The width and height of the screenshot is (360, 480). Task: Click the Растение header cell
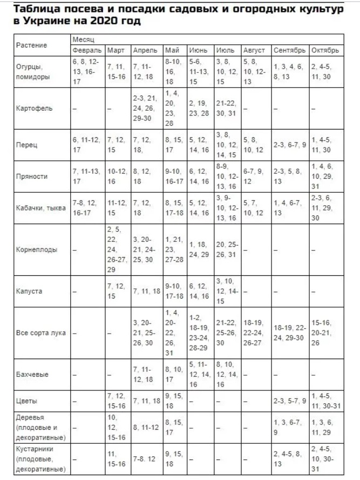[32, 45]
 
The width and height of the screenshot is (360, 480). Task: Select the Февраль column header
[87, 50]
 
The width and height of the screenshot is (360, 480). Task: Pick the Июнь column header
[198, 50]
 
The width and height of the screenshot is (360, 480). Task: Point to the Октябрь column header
[325, 50]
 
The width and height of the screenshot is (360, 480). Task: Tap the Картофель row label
[34, 108]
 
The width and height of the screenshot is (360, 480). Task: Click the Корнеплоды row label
[37, 250]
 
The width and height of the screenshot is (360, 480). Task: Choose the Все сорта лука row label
[40, 333]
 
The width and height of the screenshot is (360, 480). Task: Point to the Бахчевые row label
[32, 374]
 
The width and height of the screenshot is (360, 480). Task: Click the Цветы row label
[27, 401]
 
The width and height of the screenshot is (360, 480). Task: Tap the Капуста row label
[29, 292]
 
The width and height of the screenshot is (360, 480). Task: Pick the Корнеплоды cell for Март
[117, 250]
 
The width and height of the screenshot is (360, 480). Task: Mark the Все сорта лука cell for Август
[255, 333]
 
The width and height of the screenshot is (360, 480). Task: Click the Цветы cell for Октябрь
[325, 401]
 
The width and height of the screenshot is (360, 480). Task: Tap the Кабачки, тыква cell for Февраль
[87, 209]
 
